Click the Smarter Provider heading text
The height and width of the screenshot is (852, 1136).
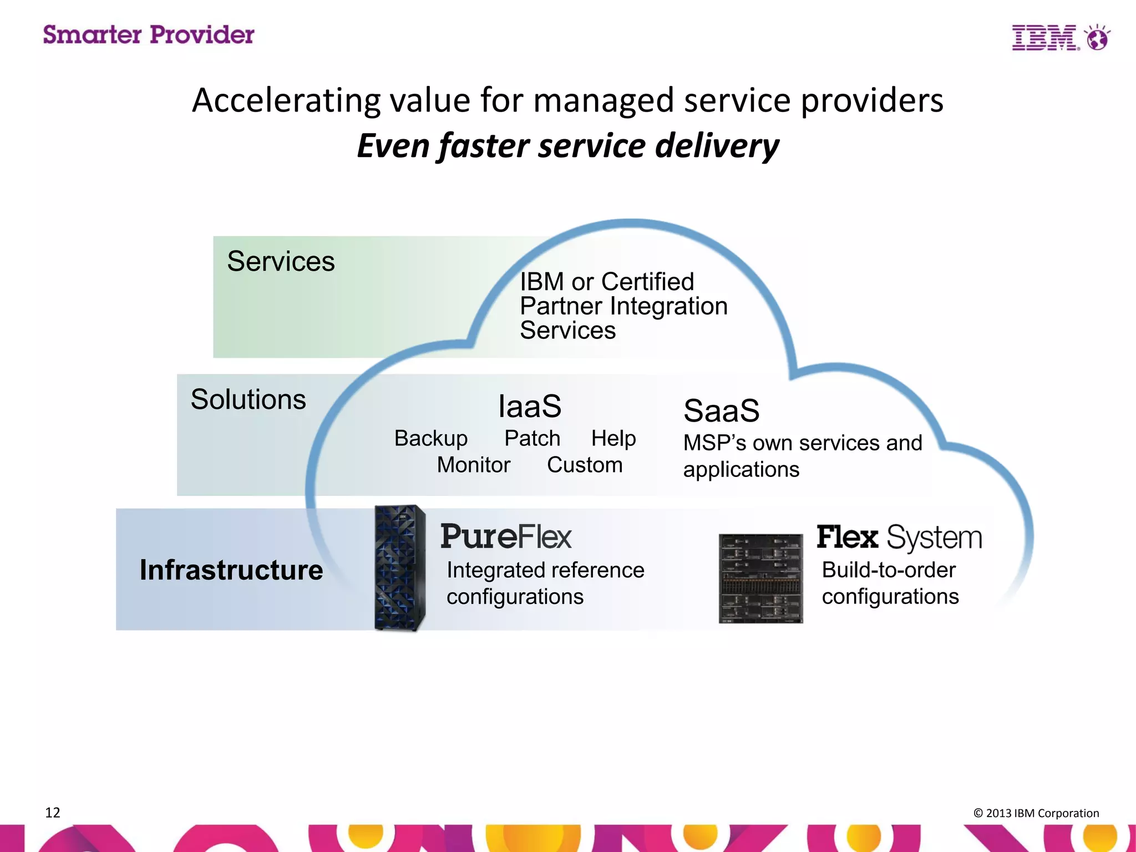(149, 35)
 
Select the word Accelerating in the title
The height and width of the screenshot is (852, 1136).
(286, 100)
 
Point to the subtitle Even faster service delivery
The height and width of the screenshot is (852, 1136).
(567, 145)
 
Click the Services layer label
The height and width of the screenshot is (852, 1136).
(281, 261)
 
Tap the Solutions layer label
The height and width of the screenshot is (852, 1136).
(248, 399)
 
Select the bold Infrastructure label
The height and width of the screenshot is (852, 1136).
(231, 570)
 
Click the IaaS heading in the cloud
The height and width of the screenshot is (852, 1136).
(530, 407)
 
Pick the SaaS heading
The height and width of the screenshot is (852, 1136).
(721, 411)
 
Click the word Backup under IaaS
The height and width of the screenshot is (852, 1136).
(431, 439)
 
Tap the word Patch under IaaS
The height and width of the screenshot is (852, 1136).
(532, 438)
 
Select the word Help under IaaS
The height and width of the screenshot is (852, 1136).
(613, 438)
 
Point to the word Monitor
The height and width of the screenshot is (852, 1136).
(473, 465)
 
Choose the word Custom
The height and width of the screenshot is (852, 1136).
(585, 465)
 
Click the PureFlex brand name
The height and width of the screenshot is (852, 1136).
(505, 537)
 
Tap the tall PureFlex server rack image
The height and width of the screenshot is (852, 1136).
(400, 567)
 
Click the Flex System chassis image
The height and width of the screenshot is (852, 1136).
(760, 578)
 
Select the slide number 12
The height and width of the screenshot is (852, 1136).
(53, 813)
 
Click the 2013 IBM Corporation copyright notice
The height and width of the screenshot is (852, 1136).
(1036, 813)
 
